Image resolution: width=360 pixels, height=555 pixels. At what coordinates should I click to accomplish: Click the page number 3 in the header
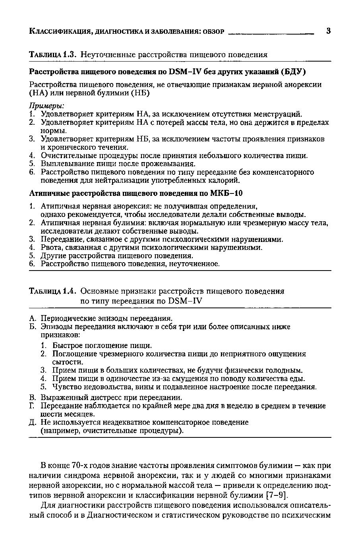pos(328,31)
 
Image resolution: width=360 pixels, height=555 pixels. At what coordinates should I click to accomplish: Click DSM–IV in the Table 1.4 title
pos(185,301)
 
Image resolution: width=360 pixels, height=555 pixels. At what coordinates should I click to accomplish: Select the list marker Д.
pos(34,423)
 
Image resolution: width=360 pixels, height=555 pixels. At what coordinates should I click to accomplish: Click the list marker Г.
pos(33,406)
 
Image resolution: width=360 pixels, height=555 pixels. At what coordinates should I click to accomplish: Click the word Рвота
pos(51,248)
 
